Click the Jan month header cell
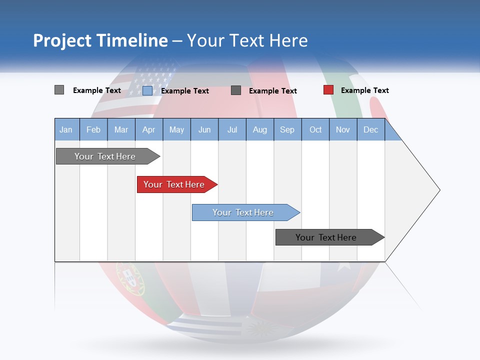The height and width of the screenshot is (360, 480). (66, 129)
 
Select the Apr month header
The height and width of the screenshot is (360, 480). (149, 129)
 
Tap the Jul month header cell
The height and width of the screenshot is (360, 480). (232, 129)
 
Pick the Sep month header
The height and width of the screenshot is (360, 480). (287, 129)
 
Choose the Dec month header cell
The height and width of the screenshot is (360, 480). (371, 129)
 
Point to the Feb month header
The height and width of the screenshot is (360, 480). (93, 129)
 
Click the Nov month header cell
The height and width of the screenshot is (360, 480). (343, 129)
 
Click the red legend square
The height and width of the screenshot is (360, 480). (328, 90)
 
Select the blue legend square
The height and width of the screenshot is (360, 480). (147, 90)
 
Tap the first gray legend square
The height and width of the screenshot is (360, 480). (59, 90)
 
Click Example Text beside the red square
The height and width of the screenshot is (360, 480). (364, 90)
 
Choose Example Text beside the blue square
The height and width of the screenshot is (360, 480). (184, 91)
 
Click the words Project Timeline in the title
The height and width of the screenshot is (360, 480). (100, 40)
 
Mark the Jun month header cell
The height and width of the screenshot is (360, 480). (204, 129)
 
